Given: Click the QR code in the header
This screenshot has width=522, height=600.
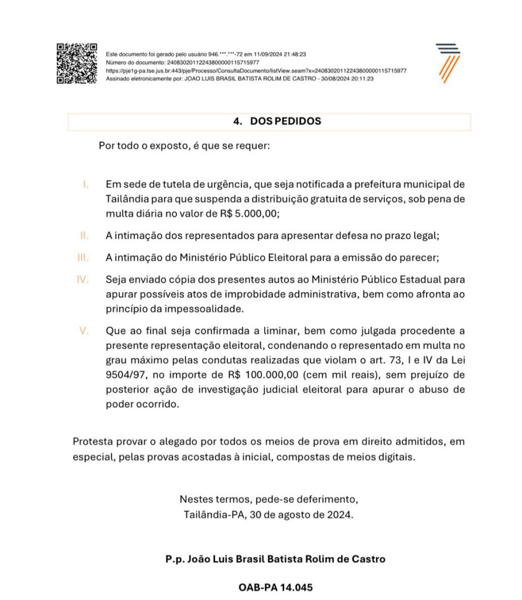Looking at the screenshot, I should (76, 63).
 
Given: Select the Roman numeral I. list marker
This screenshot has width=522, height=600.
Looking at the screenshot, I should (86, 184).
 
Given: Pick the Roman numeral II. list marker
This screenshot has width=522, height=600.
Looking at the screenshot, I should (84, 236).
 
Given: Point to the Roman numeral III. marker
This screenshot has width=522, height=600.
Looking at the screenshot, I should (83, 257).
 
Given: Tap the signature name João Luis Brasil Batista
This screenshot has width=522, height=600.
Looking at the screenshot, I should (275, 559).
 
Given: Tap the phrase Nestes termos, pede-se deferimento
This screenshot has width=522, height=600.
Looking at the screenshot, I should (268, 500).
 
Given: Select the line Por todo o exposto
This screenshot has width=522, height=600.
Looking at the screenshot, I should (184, 145).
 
